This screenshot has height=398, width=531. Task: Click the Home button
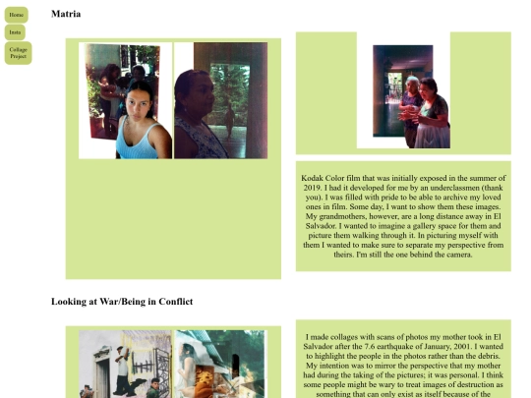pyautogui.click(x=17, y=15)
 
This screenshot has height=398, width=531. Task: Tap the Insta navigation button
pyautogui.click(x=15, y=32)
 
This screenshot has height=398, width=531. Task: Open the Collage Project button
pyautogui.click(x=19, y=53)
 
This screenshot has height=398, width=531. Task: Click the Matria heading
pyautogui.click(x=66, y=14)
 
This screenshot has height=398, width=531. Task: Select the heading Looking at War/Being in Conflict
pyautogui.click(x=122, y=302)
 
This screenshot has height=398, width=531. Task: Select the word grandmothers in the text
pyautogui.click(x=342, y=216)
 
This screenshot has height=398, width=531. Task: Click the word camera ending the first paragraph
pyautogui.click(x=459, y=255)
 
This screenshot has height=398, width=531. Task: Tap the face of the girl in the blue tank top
pyautogui.click(x=139, y=104)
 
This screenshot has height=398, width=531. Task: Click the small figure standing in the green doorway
pyautogui.click(x=230, y=120)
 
